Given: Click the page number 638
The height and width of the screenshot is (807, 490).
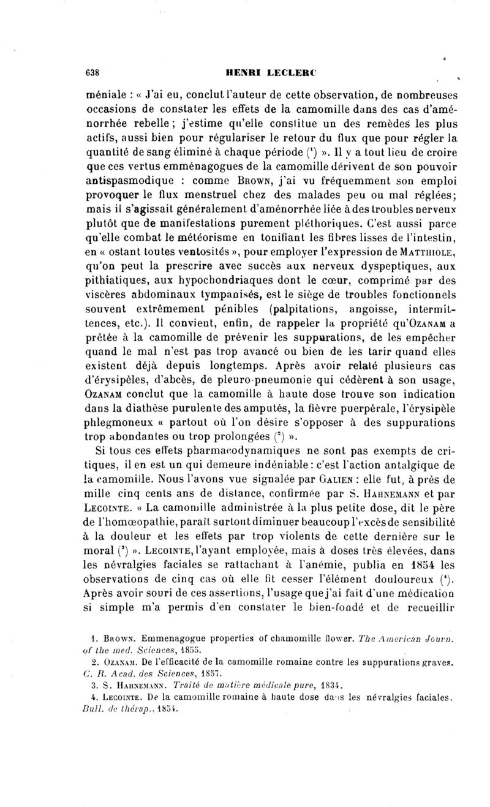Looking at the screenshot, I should click(92, 72).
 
